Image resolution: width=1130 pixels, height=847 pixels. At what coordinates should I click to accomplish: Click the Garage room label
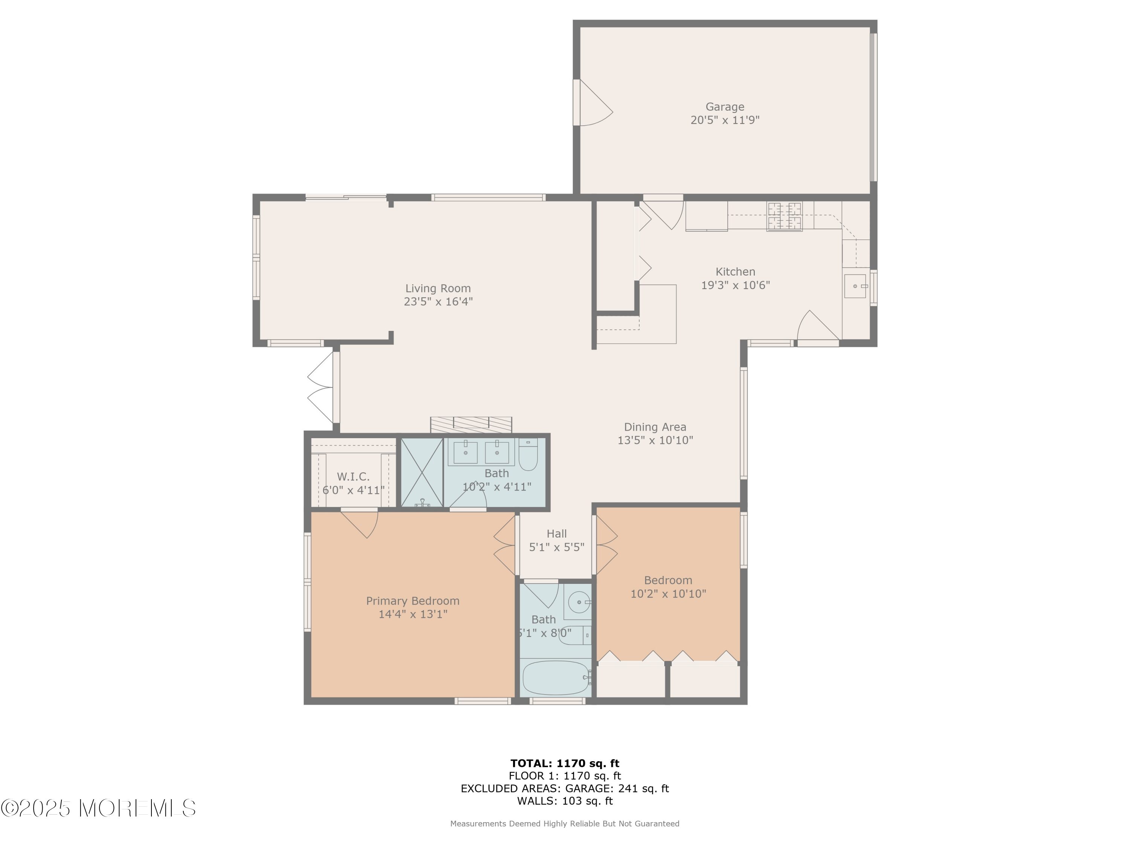click(725, 107)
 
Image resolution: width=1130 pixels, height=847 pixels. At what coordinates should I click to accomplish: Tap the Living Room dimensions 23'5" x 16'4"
click(438, 302)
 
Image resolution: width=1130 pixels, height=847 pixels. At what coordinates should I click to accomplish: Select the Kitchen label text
click(735, 272)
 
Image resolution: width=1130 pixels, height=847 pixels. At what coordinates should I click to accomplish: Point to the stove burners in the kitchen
click(784, 216)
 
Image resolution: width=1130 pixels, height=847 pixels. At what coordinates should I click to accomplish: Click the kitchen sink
click(855, 286)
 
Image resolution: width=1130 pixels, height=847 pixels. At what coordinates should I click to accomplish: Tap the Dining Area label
click(655, 427)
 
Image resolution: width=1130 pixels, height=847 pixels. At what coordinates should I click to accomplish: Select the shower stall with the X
click(421, 473)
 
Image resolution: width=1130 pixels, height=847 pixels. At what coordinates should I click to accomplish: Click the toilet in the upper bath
click(528, 454)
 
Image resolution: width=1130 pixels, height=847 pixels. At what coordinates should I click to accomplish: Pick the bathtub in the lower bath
click(557, 678)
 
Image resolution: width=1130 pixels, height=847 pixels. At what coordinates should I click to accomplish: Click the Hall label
click(557, 533)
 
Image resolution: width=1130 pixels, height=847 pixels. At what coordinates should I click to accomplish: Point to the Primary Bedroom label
click(413, 601)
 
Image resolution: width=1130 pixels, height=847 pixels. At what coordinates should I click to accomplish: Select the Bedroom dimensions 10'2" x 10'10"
click(668, 594)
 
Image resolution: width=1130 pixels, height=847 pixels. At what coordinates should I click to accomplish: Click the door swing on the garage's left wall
click(592, 102)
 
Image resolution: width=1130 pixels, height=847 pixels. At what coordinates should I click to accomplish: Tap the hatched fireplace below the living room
click(471, 425)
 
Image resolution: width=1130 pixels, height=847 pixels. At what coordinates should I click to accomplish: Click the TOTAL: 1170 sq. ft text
click(565, 764)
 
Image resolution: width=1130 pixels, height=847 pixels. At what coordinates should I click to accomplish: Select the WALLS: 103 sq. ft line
click(565, 801)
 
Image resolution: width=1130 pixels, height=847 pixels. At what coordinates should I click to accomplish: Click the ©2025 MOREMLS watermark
click(98, 809)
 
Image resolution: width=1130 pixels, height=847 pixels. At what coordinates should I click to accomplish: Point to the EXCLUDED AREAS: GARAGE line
click(565, 789)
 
